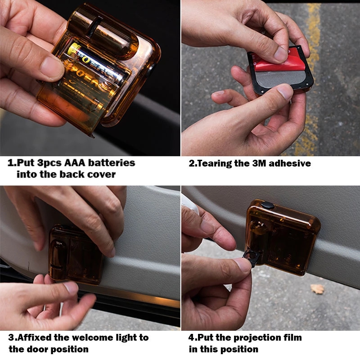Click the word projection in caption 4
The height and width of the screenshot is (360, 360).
click(252, 337)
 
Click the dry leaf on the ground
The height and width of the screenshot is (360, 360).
click(318, 289)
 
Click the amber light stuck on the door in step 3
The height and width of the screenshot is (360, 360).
click(74, 254)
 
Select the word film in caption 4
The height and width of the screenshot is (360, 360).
click(290, 337)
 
